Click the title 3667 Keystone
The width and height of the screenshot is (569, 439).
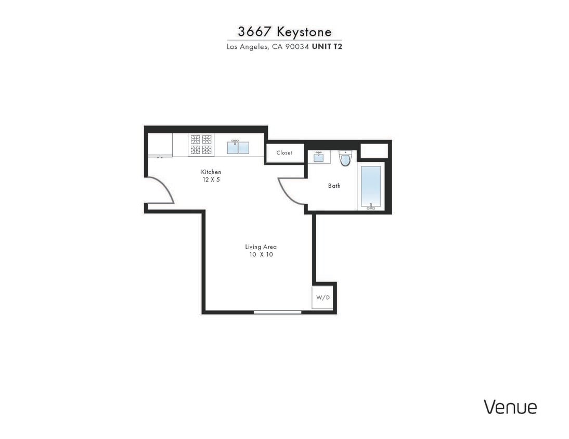coord(284,31)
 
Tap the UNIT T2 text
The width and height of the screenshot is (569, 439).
coord(327,46)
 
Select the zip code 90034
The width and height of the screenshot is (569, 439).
coord(298,46)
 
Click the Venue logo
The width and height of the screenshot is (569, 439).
coord(510,407)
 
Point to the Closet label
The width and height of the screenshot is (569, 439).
coord(284,153)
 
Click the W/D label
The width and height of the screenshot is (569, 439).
coord(323,298)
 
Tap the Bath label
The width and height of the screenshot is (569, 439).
coord(334,186)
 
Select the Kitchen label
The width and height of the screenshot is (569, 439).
coord(211,172)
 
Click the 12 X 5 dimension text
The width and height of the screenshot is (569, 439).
coord(211,179)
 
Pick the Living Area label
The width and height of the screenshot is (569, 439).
coord(261,247)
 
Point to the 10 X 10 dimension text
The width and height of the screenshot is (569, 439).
coord(261,254)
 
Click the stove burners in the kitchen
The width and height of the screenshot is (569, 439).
coord(201,145)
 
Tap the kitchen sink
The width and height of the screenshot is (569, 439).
coord(238,147)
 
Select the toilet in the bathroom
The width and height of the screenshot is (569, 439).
coord(345,158)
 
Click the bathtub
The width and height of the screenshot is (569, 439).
coord(371,187)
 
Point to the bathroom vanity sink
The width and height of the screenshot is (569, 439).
coord(318,157)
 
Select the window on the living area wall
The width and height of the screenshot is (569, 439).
coord(277,312)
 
